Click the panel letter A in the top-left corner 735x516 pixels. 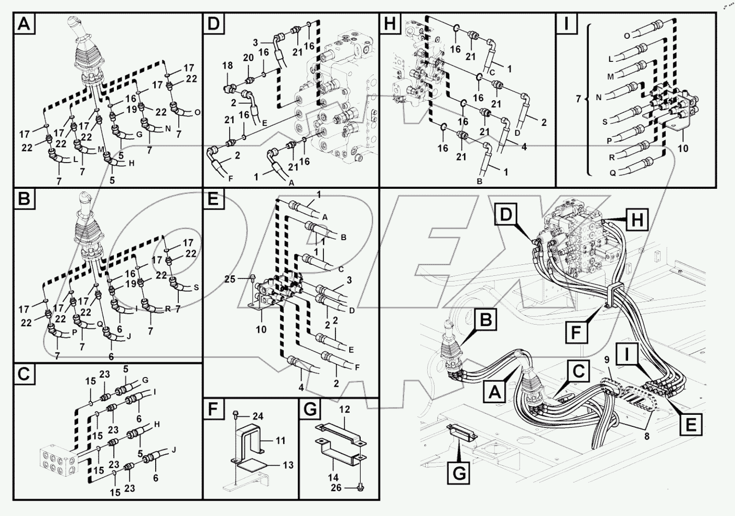pyautogui.click(x=24, y=24)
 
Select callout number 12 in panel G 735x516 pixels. pyautogui.click(x=344, y=410)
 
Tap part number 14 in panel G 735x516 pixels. pyautogui.click(x=333, y=477)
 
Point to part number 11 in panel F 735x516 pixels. pyautogui.click(x=280, y=440)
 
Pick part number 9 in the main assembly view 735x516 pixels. pyautogui.click(x=607, y=360)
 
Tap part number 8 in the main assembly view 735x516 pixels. pyautogui.click(x=646, y=434)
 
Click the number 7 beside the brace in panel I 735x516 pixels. pyautogui.click(x=578, y=98)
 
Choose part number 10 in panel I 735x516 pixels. pyautogui.click(x=683, y=148)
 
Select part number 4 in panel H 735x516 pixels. pyautogui.click(x=524, y=147)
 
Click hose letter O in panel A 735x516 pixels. pyautogui.click(x=197, y=112)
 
